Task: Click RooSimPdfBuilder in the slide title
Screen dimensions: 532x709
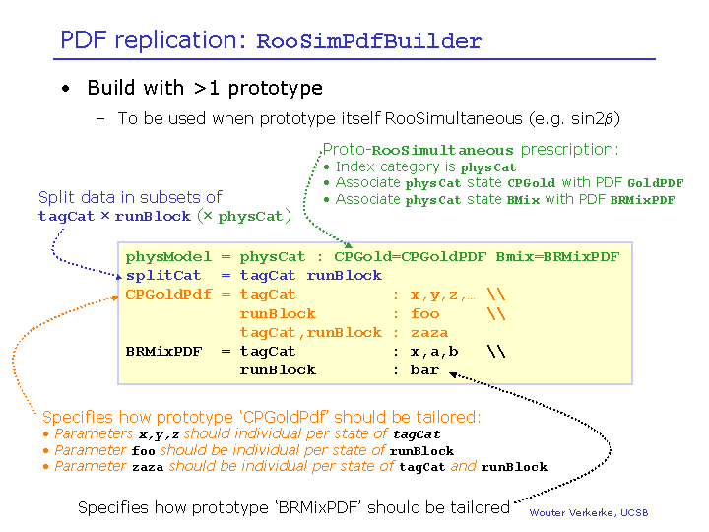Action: pos(368,42)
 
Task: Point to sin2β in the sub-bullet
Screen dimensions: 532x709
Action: pos(593,119)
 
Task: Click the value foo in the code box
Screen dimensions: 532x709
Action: pos(424,313)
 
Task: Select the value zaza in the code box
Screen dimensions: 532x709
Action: pos(428,332)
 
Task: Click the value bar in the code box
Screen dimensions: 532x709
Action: pos(424,370)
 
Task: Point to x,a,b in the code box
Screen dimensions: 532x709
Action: pos(434,351)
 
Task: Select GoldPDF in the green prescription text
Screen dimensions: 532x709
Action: pos(655,183)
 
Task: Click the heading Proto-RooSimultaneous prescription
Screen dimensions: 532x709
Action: pos(471,150)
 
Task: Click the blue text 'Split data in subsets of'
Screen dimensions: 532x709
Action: pos(130,198)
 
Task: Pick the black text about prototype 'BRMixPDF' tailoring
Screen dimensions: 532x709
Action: pos(292,507)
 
